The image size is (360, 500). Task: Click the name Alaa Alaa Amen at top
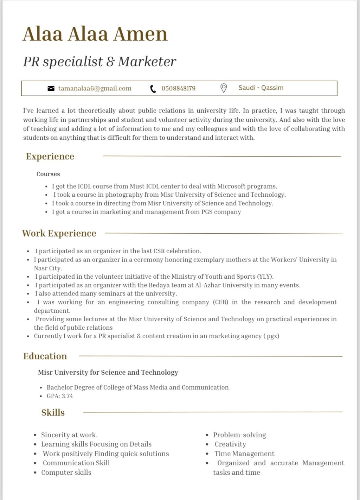click(x=95, y=34)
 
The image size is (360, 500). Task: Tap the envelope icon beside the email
click(x=51, y=88)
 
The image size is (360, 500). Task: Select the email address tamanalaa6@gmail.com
click(x=95, y=88)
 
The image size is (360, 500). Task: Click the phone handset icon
click(x=153, y=89)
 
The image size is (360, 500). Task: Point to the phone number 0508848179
click(x=179, y=88)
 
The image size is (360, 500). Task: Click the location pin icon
click(x=223, y=88)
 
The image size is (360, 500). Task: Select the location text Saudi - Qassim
click(x=261, y=88)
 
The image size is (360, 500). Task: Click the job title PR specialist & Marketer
click(x=99, y=62)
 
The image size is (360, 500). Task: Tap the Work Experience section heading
click(x=59, y=233)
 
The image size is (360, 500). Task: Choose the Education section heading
click(x=45, y=356)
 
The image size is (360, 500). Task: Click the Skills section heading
click(x=53, y=412)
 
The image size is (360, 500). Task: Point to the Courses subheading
click(x=48, y=174)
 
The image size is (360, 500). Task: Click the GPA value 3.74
click(x=67, y=396)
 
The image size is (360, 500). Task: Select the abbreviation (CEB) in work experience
click(x=220, y=302)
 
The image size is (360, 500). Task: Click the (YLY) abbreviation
click(x=265, y=277)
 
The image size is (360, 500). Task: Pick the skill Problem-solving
click(x=239, y=435)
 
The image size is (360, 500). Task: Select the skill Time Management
click(x=244, y=454)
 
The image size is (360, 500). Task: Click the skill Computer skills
click(x=66, y=472)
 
